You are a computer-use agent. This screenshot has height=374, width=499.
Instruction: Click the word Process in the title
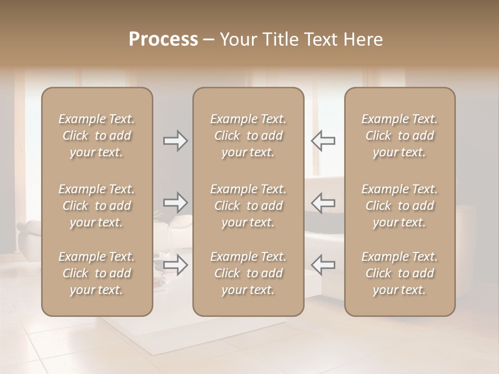(x=163, y=39)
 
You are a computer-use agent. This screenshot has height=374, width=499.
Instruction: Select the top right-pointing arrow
(x=176, y=141)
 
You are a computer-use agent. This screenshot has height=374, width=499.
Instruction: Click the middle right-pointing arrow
(x=176, y=202)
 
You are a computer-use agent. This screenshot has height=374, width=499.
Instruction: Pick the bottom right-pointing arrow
(x=176, y=264)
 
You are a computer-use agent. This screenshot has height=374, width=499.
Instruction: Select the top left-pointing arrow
(x=323, y=141)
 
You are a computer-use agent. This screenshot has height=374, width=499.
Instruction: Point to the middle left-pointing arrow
(x=323, y=202)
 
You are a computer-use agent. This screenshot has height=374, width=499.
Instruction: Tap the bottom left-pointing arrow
(x=323, y=264)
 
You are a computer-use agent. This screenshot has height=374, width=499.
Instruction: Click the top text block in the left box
(x=97, y=136)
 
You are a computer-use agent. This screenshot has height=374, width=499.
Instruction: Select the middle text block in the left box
(x=97, y=206)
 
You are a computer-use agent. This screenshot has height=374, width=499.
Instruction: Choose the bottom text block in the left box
(x=97, y=273)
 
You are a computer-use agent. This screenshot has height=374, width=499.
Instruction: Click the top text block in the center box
(x=248, y=136)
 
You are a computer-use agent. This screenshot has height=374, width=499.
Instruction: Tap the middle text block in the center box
(x=248, y=206)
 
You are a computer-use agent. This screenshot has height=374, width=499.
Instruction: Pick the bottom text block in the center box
(x=248, y=273)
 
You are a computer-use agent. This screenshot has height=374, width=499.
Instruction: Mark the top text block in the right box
(x=400, y=136)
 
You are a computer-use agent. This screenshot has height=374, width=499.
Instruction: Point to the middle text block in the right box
(x=400, y=206)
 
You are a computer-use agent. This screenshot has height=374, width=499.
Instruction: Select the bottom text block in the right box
(x=400, y=273)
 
